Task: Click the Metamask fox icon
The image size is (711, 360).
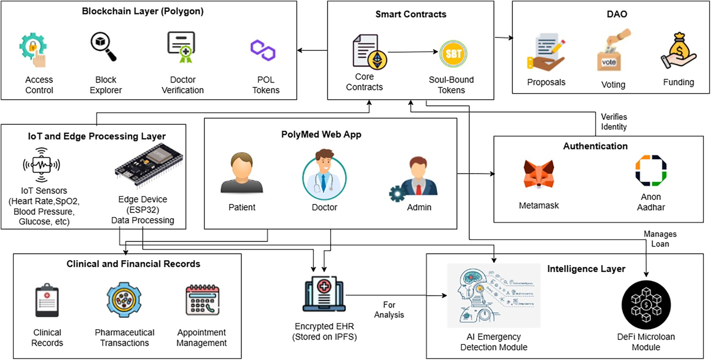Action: tap(538, 173)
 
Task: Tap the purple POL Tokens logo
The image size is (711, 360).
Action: tap(263, 50)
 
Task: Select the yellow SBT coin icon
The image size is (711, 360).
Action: tap(453, 53)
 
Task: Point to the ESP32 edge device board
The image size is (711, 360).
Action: tap(149, 165)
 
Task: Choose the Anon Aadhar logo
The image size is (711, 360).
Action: tap(651, 170)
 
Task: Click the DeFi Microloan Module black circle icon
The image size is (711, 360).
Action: tap(646, 305)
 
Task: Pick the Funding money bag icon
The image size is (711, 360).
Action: tap(678, 51)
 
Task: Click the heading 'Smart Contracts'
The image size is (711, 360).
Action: tap(411, 14)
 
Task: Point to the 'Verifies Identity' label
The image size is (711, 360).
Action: tap(614, 122)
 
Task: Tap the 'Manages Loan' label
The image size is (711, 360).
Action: tap(660, 239)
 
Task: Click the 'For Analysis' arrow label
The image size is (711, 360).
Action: tap(389, 310)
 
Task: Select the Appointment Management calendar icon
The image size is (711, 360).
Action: tap(202, 300)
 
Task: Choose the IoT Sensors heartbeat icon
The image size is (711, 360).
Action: tap(42, 165)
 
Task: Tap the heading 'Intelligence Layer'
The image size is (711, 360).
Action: tap(586, 269)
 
